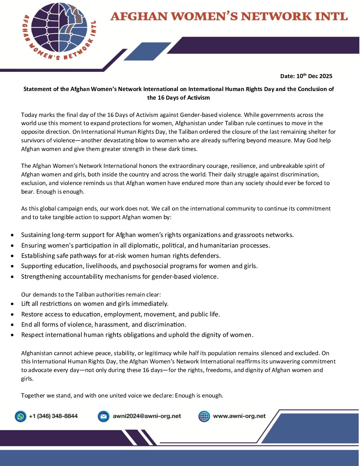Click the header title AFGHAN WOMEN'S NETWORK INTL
(229, 16)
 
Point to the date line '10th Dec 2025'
(306, 76)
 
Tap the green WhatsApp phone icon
(21, 416)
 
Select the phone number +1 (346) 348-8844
(53, 416)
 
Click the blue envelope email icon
(104, 416)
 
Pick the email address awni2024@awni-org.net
(147, 416)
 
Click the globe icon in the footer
(204, 416)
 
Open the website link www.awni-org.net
(239, 416)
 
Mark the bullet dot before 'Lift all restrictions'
(12, 304)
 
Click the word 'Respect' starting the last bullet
(32, 335)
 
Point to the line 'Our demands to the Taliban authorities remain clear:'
(91, 295)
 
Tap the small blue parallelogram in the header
(147, 52)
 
